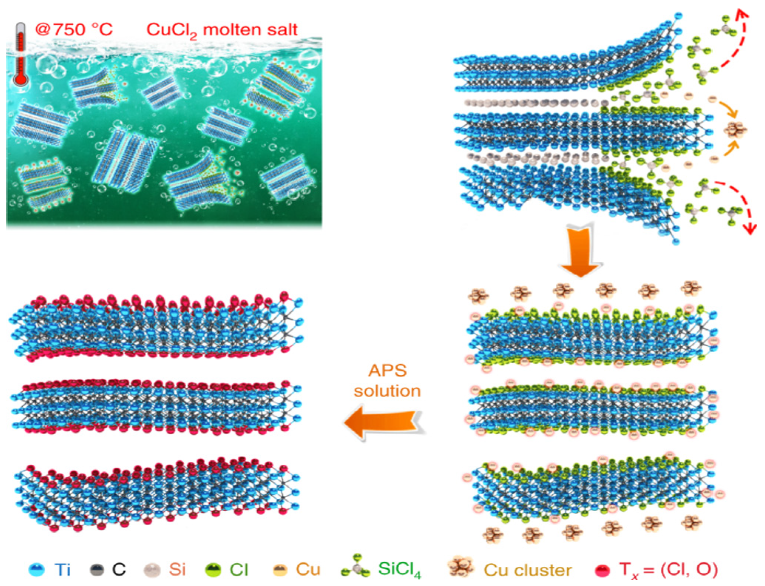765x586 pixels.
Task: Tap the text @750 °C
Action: tap(74, 30)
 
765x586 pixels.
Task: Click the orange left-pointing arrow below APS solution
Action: tap(383, 422)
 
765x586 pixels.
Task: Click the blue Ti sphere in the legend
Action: tap(37, 570)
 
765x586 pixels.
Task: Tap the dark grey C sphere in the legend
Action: tap(97, 570)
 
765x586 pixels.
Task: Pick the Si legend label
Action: tap(177, 569)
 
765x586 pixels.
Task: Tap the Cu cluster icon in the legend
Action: tap(460, 567)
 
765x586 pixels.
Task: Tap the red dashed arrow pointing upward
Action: tap(736, 41)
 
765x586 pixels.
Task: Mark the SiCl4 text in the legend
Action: tap(399, 570)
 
